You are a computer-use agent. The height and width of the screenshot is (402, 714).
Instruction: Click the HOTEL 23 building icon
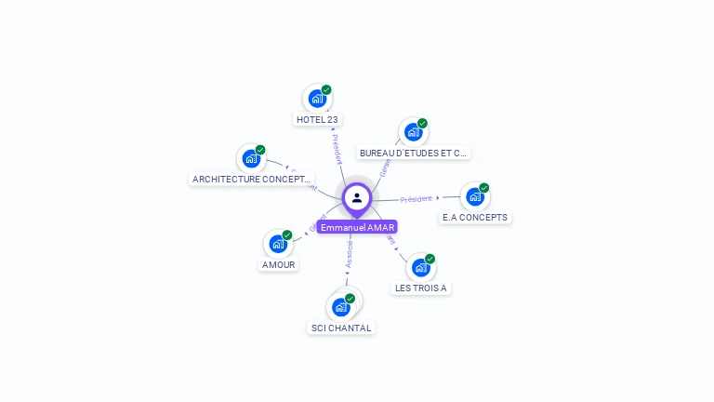(x=317, y=98)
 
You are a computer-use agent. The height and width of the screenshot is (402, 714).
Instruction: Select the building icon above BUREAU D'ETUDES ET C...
(x=413, y=131)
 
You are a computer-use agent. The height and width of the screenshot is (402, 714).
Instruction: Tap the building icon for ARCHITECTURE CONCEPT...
(x=251, y=157)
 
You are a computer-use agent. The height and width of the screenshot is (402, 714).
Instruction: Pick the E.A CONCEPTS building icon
(x=475, y=196)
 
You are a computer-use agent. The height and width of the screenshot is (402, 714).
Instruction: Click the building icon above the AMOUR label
(x=277, y=244)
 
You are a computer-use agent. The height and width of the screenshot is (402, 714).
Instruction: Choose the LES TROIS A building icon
(x=420, y=267)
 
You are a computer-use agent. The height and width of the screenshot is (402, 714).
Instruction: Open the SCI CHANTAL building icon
(x=340, y=306)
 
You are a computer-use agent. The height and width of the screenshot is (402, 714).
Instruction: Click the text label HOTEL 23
(x=317, y=119)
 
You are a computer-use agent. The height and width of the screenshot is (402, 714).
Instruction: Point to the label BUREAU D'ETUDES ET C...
(x=414, y=153)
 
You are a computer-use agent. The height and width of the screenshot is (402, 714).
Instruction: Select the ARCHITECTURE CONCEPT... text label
(x=251, y=179)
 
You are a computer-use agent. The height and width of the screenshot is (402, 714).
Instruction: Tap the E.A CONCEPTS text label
(x=475, y=217)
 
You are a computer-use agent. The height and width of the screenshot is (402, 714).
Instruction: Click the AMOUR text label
(x=278, y=264)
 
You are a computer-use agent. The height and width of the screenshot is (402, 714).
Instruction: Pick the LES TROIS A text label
(x=421, y=288)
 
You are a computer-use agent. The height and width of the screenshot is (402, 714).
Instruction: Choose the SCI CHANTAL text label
(x=341, y=328)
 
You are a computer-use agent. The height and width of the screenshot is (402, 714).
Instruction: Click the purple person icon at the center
(x=357, y=197)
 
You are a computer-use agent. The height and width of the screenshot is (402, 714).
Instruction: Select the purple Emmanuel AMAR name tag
(x=357, y=227)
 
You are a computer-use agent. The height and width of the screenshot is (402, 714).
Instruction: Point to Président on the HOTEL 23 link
(x=336, y=149)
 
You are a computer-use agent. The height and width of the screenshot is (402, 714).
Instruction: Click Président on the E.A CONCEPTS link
(x=416, y=198)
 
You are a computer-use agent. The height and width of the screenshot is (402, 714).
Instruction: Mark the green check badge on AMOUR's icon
(x=287, y=234)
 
